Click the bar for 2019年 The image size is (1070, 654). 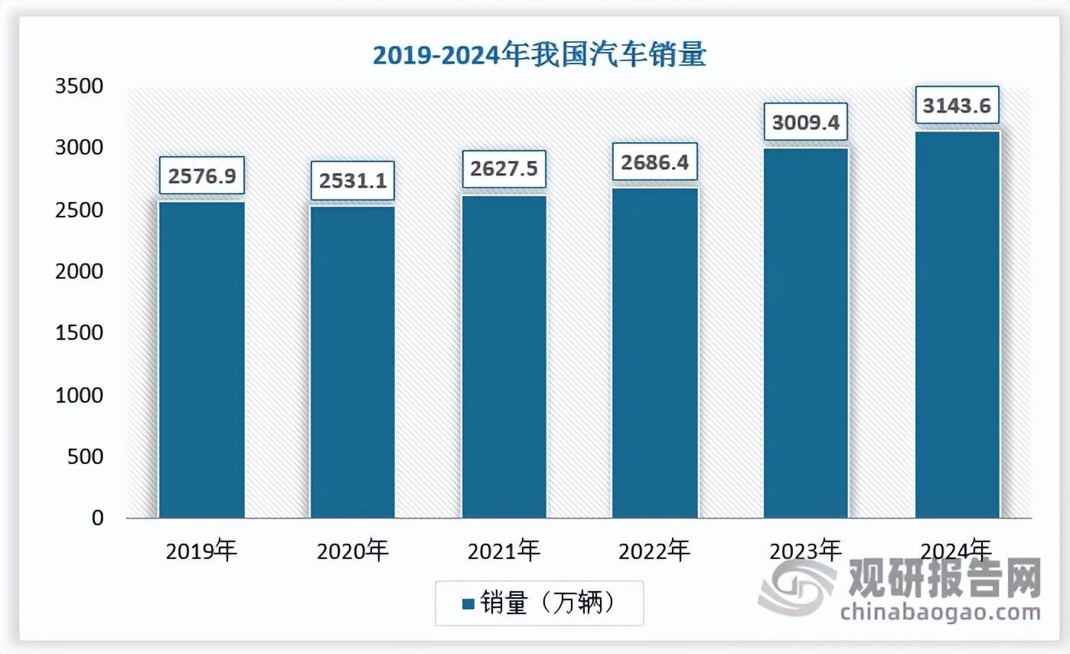point(202,359)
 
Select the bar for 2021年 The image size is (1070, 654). point(504,356)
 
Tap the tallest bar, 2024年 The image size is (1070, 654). point(957,325)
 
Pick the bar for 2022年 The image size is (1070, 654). point(655,352)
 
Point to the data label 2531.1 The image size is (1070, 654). point(352,181)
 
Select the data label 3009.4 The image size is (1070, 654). point(806,123)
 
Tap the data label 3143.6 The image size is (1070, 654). point(957,106)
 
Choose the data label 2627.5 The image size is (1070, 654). point(504,170)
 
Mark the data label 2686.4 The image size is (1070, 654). point(655,162)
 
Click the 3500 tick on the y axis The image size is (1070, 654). point(79,86)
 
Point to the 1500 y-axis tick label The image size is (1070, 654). point(79,333)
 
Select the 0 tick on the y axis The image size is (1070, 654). point(96,518)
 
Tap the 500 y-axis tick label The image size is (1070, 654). point(86,456)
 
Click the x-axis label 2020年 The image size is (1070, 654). point(353,550)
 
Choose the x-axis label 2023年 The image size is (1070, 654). point(805,550)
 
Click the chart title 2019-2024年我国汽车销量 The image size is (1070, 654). point(539,55)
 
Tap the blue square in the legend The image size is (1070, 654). point(468,604)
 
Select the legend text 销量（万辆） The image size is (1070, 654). point(548,603)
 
